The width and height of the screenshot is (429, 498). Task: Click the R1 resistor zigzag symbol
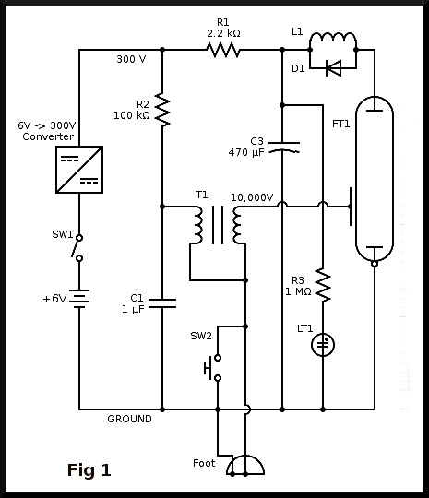click(x=222, y=50)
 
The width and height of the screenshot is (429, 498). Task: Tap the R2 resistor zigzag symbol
click(x=162, y=110)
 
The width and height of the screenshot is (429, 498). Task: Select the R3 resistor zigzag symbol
click(x=323, y=285)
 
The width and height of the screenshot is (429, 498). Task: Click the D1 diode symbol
click(x=334, y=68)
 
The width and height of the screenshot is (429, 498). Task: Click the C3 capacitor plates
click(x=284, y=148)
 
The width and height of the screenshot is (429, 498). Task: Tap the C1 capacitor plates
click(x=162, y=303)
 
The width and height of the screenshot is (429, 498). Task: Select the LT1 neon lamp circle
click(x=323, y=345)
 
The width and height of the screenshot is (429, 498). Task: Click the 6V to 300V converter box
click(x=79, y=170)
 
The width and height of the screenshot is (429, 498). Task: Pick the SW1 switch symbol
click(x=77, y=248)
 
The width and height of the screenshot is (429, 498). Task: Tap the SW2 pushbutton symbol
click(x=213, y=368)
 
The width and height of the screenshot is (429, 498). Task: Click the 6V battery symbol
click(x=79, y=299)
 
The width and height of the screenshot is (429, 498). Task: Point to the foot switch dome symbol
click(x=245, y=466)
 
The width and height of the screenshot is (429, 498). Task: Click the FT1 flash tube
click(x=375, y=180)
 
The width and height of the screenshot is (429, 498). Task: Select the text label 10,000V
click(x=252, y=197)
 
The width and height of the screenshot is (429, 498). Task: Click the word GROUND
click(x=130, y=419)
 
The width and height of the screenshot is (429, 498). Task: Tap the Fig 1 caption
click(x=89, y=470)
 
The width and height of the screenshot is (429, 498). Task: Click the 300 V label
click(x=131, y=59)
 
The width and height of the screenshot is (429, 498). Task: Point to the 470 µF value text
click(x=246, y=153)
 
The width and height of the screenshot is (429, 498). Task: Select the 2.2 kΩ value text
click(x=223, y=33)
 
